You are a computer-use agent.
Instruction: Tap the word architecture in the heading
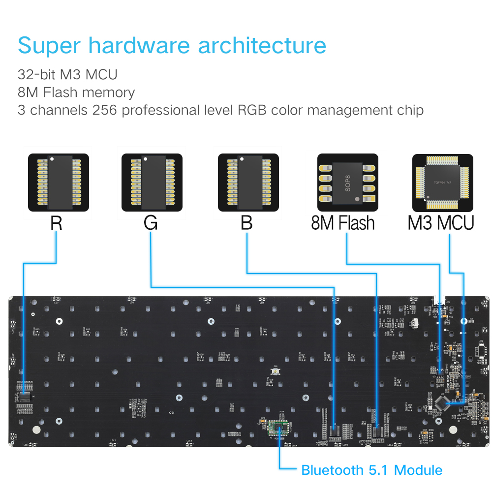[262, 46]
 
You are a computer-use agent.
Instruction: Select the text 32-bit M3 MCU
[67, 75]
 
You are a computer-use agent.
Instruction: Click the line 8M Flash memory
[76, 92]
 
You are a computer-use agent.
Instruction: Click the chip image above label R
[59, 183]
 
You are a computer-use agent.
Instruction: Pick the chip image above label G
[152, 183]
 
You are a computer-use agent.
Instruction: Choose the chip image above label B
[248, 183]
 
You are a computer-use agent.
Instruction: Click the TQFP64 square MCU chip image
[442, 183]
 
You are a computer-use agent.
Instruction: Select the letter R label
[56, 223]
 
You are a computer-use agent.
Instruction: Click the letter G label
[151, 223]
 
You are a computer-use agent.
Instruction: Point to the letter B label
[246, 223]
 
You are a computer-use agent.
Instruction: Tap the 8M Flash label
[343, 223]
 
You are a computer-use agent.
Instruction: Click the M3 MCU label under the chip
[441, 223]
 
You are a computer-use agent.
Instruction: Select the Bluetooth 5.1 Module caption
[371, 470]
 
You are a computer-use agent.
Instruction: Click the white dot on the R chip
[51, 159]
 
